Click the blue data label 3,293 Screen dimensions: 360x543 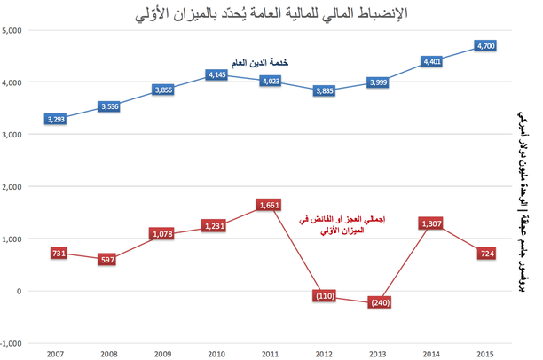[55, 119]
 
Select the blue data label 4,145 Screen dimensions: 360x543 [216, 76]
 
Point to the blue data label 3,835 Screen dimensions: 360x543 [324, 90]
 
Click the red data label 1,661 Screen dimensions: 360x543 [270, 205]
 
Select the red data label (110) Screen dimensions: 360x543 [324, 296]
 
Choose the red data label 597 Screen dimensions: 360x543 [109, 259]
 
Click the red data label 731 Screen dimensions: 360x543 [55, 254]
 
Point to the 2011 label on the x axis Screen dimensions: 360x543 [270, 354]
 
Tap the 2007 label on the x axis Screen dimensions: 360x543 [55, 354]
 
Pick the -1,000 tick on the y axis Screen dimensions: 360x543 [14, 343]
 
